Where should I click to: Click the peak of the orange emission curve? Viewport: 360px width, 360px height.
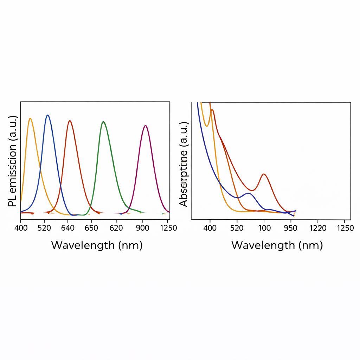pos(30,118)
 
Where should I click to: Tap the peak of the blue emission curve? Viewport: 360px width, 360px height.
pos(47,115)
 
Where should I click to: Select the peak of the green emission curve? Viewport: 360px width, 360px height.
pos(103,122)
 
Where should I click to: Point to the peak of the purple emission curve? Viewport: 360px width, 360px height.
pos(146,126)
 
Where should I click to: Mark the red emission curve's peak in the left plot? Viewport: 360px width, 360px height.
pos(70,121)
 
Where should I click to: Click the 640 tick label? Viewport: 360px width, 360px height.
pos(68,228)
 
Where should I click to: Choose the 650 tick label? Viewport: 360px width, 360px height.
pos(91,228)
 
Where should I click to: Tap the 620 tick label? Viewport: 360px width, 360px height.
pos(116,228)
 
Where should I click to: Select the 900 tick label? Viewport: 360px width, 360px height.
pos(142,228)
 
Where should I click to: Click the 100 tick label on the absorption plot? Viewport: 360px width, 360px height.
pos(264,228)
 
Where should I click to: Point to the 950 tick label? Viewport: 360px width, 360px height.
pos(290,228)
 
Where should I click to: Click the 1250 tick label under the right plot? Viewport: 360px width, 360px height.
pos(345,228)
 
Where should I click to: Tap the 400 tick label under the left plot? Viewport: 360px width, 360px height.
pos(21,228)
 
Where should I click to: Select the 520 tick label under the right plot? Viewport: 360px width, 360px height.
pos(237,228)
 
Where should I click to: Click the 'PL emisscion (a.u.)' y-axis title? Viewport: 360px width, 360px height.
pos(13,161)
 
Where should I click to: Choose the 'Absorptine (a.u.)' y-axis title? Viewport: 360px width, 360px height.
pos(184,164)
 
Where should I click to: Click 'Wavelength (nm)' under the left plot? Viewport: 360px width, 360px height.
pos(97,245)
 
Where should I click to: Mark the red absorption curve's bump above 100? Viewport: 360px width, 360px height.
pos(264,174)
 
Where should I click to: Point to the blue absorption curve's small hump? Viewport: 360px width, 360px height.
pos(248,193)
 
